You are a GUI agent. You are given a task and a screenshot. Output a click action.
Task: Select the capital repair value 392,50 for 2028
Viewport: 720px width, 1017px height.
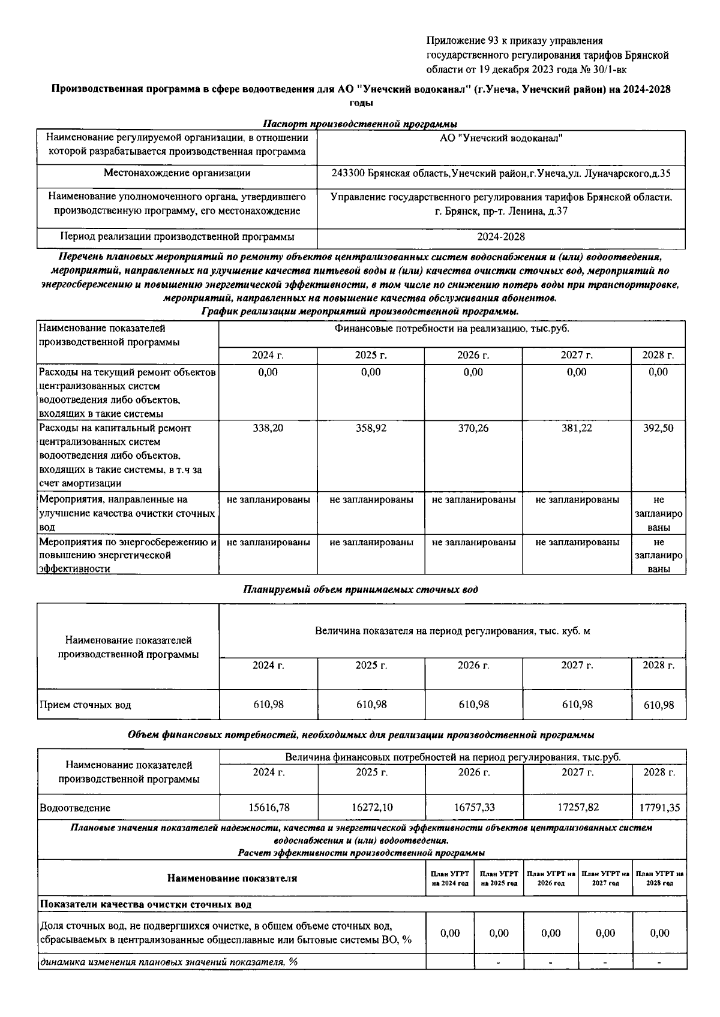point(658,428)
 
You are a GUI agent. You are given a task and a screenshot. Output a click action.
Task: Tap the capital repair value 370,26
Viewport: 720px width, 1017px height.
point(473,428)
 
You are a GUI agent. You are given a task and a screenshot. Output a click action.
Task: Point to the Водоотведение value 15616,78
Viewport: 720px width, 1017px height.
point(268,808)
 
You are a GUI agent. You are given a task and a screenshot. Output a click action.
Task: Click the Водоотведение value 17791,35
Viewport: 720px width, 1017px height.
point(659,808)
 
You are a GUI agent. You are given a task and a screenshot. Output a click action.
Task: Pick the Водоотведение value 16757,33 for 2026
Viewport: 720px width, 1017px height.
point(474,808)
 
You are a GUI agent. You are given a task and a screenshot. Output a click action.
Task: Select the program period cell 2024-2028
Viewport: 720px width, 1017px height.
point(500,237)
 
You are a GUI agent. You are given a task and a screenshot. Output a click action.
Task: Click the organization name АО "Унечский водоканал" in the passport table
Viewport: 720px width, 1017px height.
point(500,139)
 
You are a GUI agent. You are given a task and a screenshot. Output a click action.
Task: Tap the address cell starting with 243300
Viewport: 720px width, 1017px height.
point(500,173)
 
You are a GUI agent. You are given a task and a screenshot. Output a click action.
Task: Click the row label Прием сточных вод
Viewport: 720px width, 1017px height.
point(85,705)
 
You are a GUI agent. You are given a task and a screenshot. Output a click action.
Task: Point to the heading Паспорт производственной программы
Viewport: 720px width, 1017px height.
point(360,124)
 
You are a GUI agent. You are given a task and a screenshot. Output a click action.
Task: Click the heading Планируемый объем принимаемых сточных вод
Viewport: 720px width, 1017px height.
point(360,589)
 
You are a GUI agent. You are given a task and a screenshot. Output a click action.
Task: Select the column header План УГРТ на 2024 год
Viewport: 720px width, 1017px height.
point(449,878)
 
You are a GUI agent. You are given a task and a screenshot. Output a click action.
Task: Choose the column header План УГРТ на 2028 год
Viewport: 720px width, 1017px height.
point(659,878)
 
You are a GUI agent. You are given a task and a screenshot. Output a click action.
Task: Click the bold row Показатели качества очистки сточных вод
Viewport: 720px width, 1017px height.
point(146,904)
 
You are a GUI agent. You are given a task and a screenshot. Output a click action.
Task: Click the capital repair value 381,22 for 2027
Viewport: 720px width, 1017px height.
point(577,428)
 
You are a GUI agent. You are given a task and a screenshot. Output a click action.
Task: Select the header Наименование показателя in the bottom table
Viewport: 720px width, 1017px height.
point(232,878)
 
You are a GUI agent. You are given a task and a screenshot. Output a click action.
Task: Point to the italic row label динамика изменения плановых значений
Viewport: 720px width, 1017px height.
point(169,962)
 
